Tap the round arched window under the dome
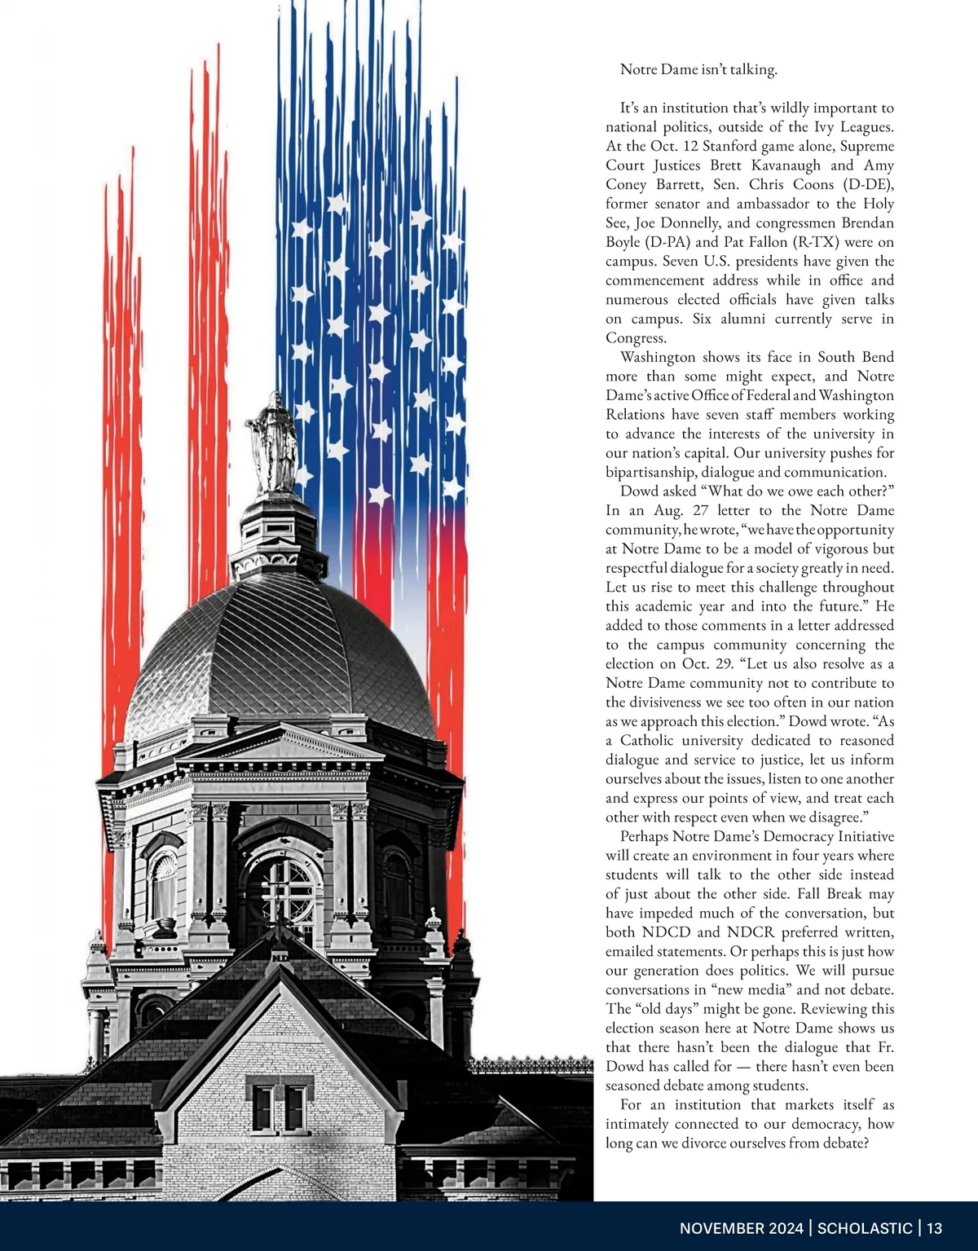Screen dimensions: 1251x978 coord(280,888)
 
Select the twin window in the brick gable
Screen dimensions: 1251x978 coord(279,1108)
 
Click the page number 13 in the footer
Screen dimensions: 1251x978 coord(934,1228)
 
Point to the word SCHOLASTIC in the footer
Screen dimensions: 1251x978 coord(865,1228)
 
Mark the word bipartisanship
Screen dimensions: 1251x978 coord(657,472)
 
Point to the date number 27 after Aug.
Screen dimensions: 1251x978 coord(700,510)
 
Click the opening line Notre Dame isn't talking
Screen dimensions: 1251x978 coord(698,69)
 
